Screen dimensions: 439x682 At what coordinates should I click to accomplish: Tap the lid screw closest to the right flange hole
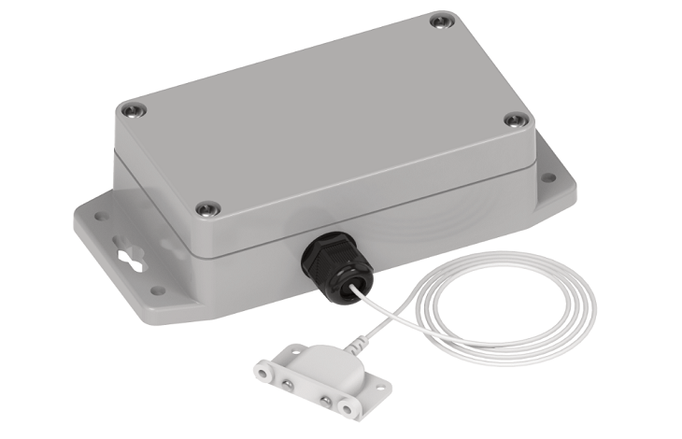coord(515,120)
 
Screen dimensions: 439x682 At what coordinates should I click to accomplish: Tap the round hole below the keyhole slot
coord(158,290)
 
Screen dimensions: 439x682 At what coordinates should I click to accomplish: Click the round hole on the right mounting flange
coord(549,177)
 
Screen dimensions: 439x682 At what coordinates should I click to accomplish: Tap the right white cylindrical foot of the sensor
coord(347,408)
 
